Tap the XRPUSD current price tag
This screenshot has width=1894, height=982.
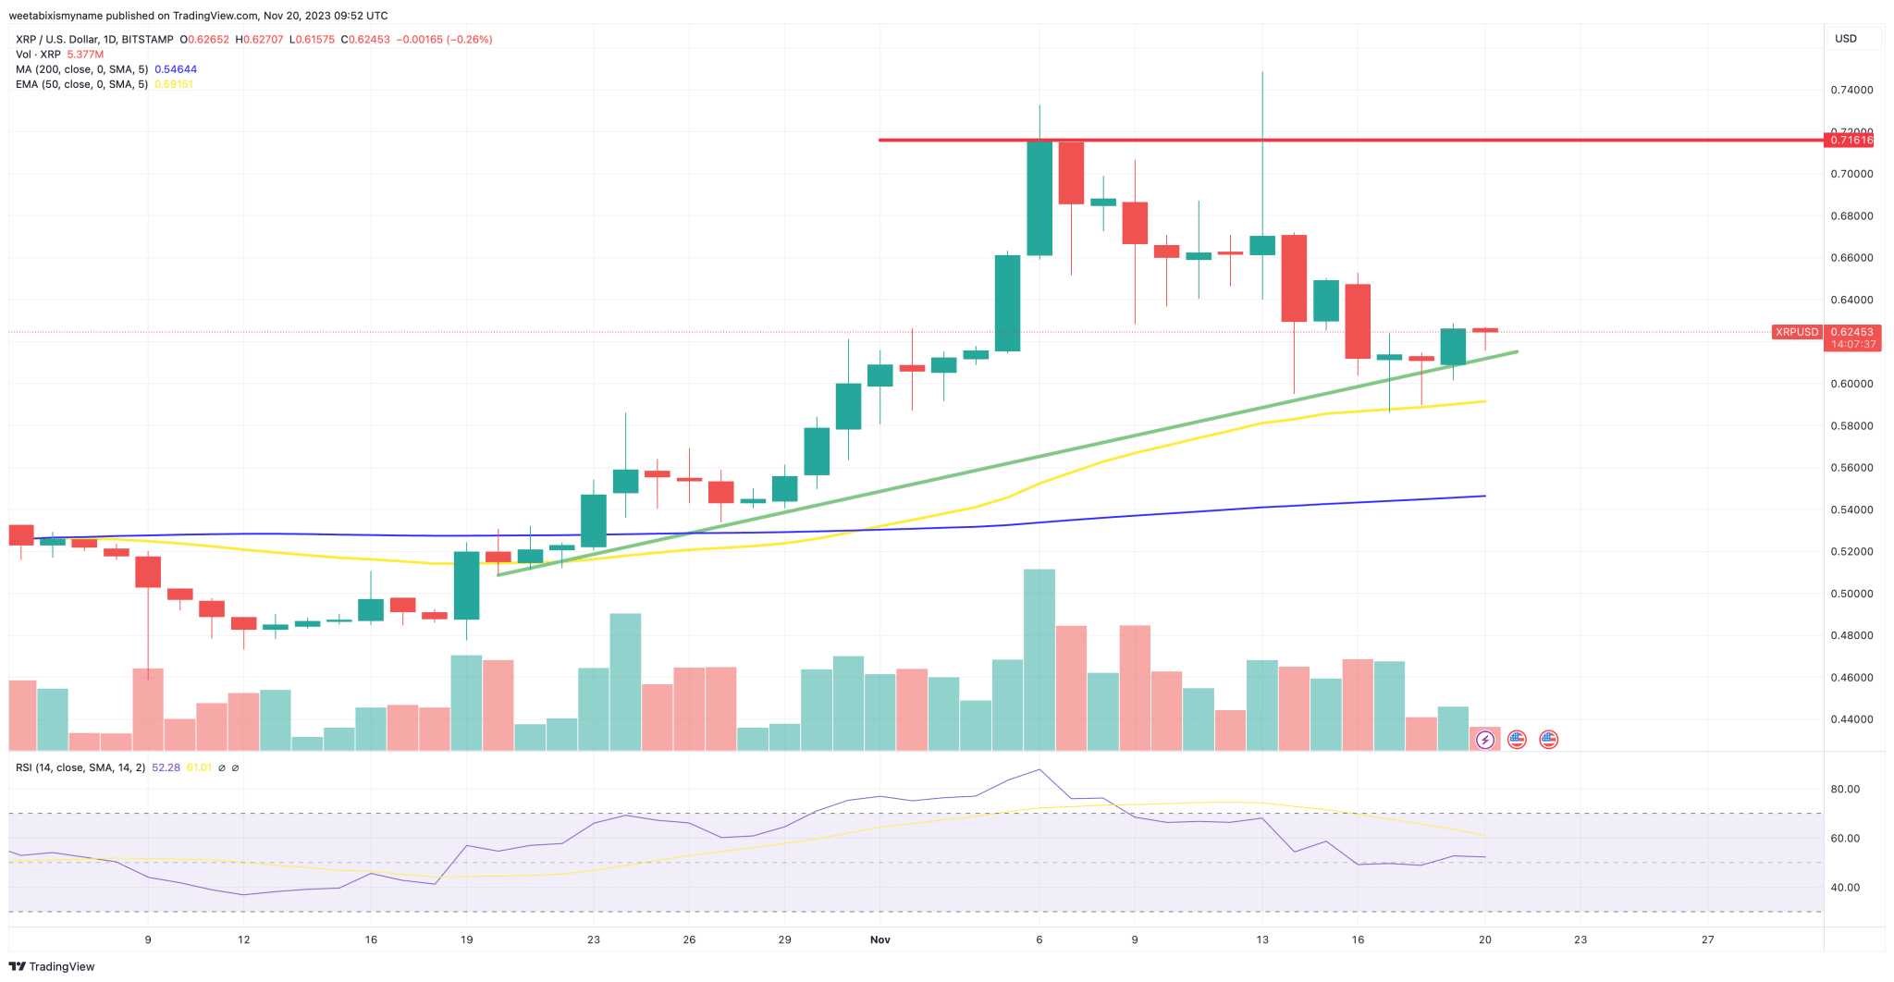pos(1796,332)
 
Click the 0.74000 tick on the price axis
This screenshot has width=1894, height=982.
pos(1851,91)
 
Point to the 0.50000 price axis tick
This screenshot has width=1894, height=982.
pos(1851,594)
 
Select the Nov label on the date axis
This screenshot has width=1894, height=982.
pos(879,939)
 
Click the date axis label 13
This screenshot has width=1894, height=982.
pos(1262,939)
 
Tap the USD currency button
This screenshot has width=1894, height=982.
pos(1846,39)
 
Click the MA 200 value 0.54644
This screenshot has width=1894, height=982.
pos(175,69)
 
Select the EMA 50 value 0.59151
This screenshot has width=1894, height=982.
pos(174,84)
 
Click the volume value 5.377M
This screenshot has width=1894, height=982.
pos(85,55)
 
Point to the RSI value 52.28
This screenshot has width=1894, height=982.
pos(166,767)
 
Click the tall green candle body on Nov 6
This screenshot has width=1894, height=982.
pos(1039,198)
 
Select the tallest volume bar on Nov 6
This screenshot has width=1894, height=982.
pos(1039,658)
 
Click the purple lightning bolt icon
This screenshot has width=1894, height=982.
pos(1485,739)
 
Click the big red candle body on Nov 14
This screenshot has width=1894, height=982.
pos(1294,278)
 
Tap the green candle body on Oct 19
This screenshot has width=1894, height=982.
pos(466,585)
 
